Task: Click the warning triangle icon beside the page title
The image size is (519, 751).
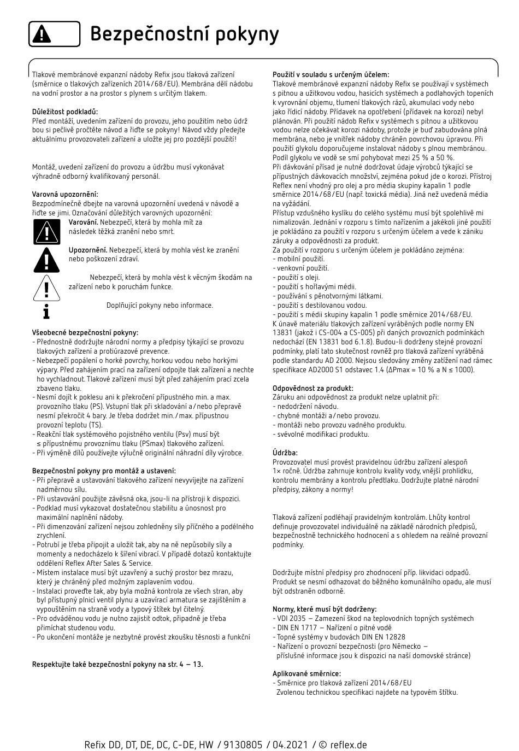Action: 42,34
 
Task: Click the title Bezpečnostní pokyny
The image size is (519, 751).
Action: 184,34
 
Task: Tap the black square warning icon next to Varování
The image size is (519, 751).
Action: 46,231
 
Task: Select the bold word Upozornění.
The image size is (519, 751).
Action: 87,250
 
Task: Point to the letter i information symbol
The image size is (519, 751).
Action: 46,311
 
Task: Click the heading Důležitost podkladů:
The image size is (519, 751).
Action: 65,112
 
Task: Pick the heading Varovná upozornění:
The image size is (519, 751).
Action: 65,194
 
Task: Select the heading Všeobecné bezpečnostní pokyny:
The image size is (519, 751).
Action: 85,332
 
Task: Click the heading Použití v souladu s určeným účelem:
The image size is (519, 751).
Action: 331,74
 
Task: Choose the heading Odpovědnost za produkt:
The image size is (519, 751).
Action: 312,388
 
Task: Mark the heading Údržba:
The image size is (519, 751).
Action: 285,453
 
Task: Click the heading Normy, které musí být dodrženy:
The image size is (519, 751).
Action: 325,609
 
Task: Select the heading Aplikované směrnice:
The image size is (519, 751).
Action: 306,673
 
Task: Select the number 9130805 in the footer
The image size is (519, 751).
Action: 245,744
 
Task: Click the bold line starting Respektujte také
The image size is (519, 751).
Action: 117,664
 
